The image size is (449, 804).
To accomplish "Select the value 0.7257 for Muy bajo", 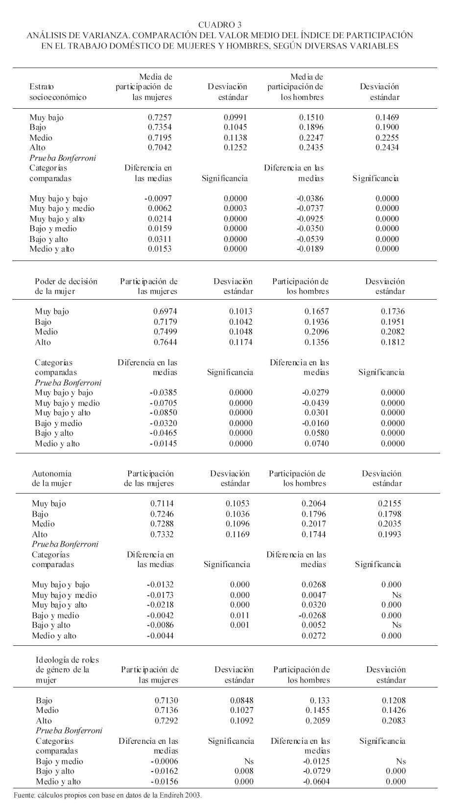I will coord(160,118).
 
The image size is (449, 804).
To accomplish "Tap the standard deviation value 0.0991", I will coord(236,118).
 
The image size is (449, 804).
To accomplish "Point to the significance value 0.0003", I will coord(236,209).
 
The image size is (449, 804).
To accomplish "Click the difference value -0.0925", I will coord(311,219).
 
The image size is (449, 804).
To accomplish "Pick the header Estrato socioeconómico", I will coord(58,92).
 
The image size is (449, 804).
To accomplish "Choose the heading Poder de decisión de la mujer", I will coord(66,286).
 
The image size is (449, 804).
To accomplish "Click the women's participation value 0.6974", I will coord(165,311).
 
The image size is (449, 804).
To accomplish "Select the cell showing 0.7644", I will coord(165,342).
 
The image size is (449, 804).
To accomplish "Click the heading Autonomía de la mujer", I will coord(52,478).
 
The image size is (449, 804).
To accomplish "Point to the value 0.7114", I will coord(162,504).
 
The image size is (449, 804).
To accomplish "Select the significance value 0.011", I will coord(240,615).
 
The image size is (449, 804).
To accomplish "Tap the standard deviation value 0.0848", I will coord(242,701).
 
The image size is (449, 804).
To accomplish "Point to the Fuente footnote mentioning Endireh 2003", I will coord(108,795).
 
